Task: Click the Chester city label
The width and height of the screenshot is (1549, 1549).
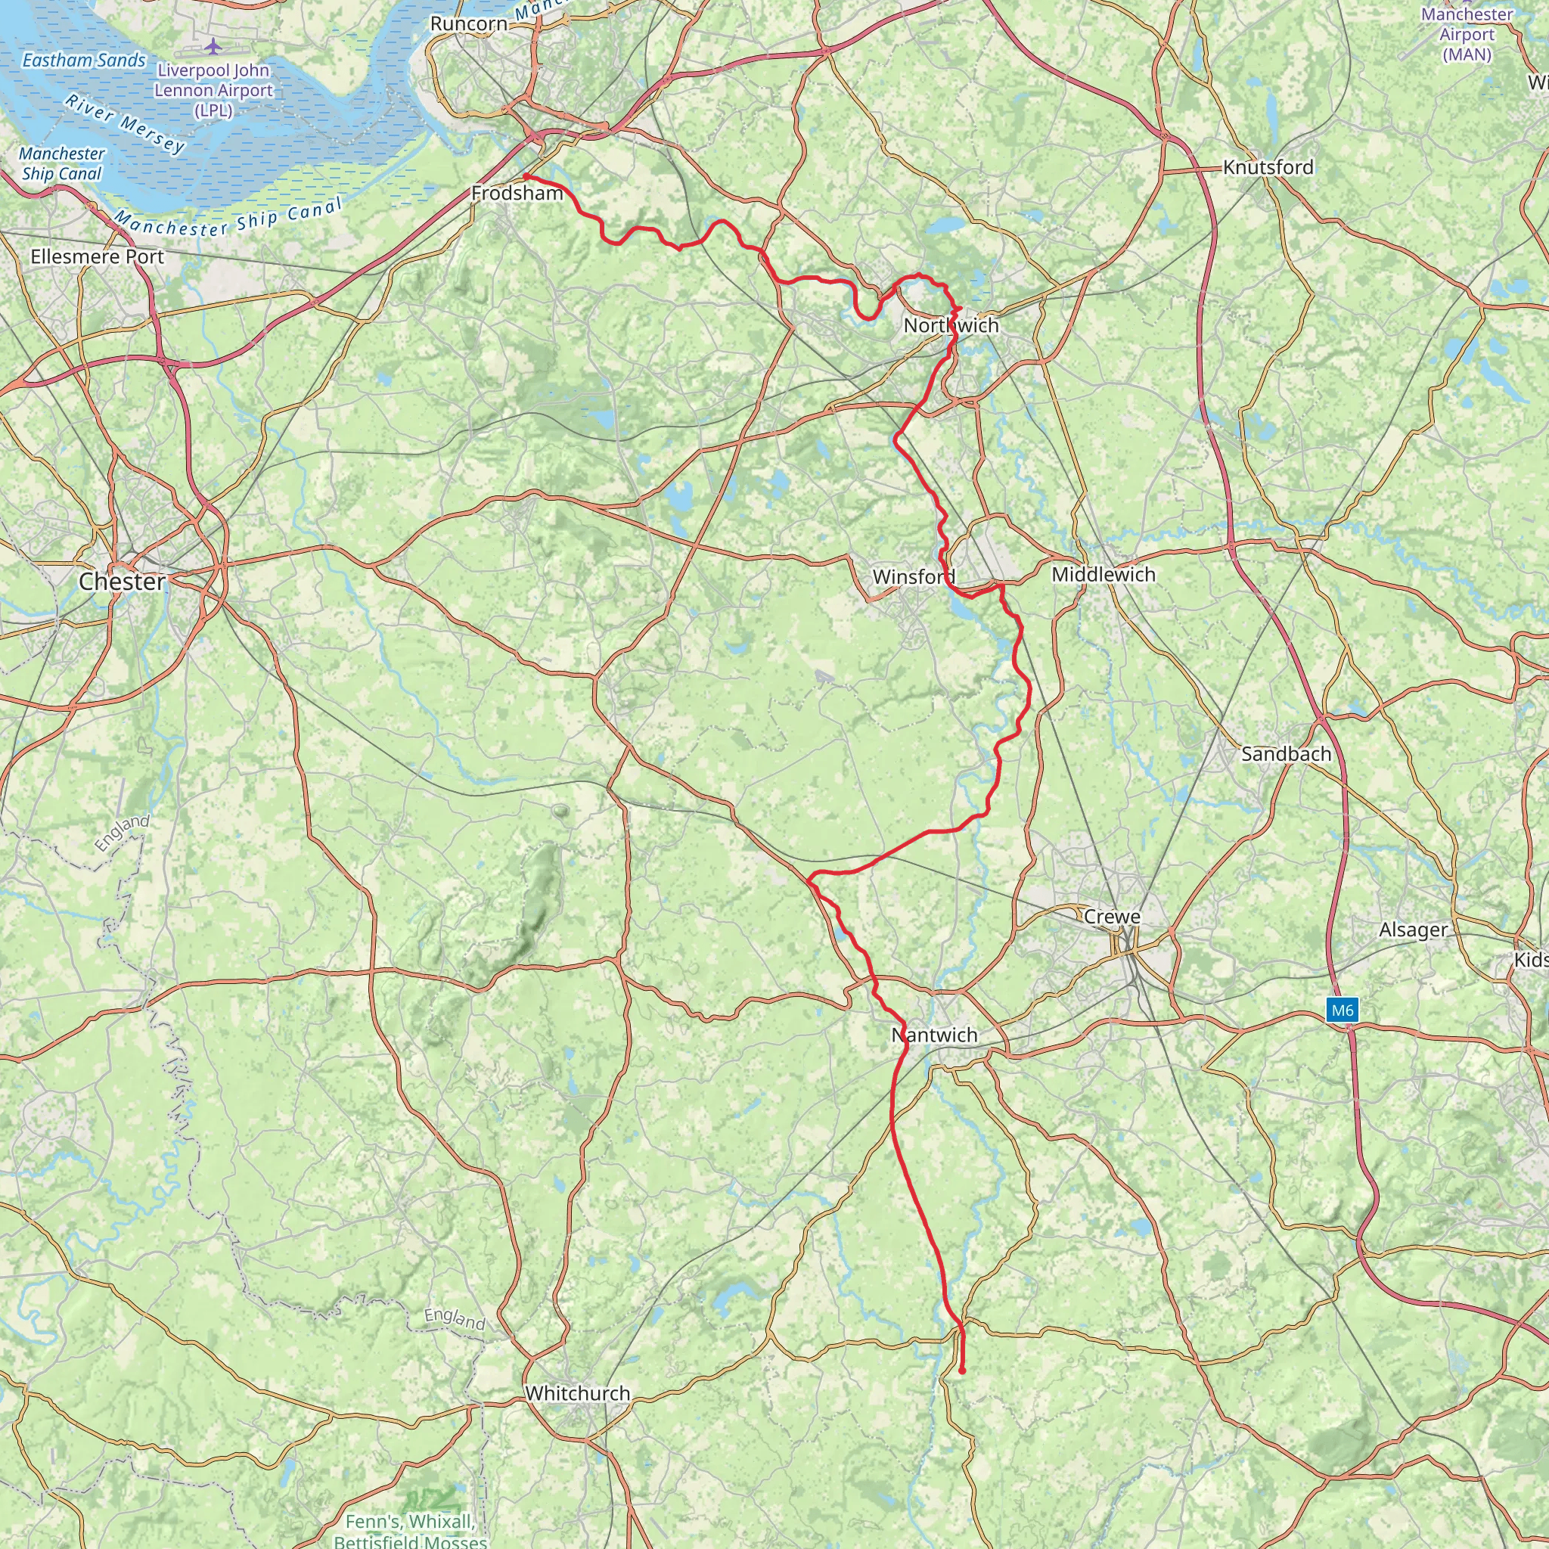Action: (122, 582)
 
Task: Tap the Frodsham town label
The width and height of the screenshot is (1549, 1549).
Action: (517, 193)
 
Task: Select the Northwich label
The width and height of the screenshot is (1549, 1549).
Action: (951, 325)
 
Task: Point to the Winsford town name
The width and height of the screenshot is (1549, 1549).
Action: (913, 576)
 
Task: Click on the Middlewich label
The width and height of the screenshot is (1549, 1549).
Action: (1104, 574)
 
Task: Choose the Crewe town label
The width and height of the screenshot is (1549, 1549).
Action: (1111, 917)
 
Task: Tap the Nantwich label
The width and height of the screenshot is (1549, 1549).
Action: (934, 1035)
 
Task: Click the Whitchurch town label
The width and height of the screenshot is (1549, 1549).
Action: (577, 1393)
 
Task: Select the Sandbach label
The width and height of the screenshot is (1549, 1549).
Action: (1286, 753)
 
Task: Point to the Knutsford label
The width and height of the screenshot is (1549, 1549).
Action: (1268, 168)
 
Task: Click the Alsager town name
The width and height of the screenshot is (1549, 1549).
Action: (1414, 930)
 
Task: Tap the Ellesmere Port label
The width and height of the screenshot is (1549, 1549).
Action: (97, 256)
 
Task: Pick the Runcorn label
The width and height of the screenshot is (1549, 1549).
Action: (469, 24)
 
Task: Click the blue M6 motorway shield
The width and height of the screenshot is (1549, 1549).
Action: (1343, 1010)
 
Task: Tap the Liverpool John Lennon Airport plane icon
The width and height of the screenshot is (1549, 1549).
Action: (212, 46)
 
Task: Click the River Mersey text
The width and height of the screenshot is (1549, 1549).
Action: (125, 124)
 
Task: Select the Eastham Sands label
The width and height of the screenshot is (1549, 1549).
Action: (84, 61)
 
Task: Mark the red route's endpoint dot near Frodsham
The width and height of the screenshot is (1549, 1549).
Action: (526, 176)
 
